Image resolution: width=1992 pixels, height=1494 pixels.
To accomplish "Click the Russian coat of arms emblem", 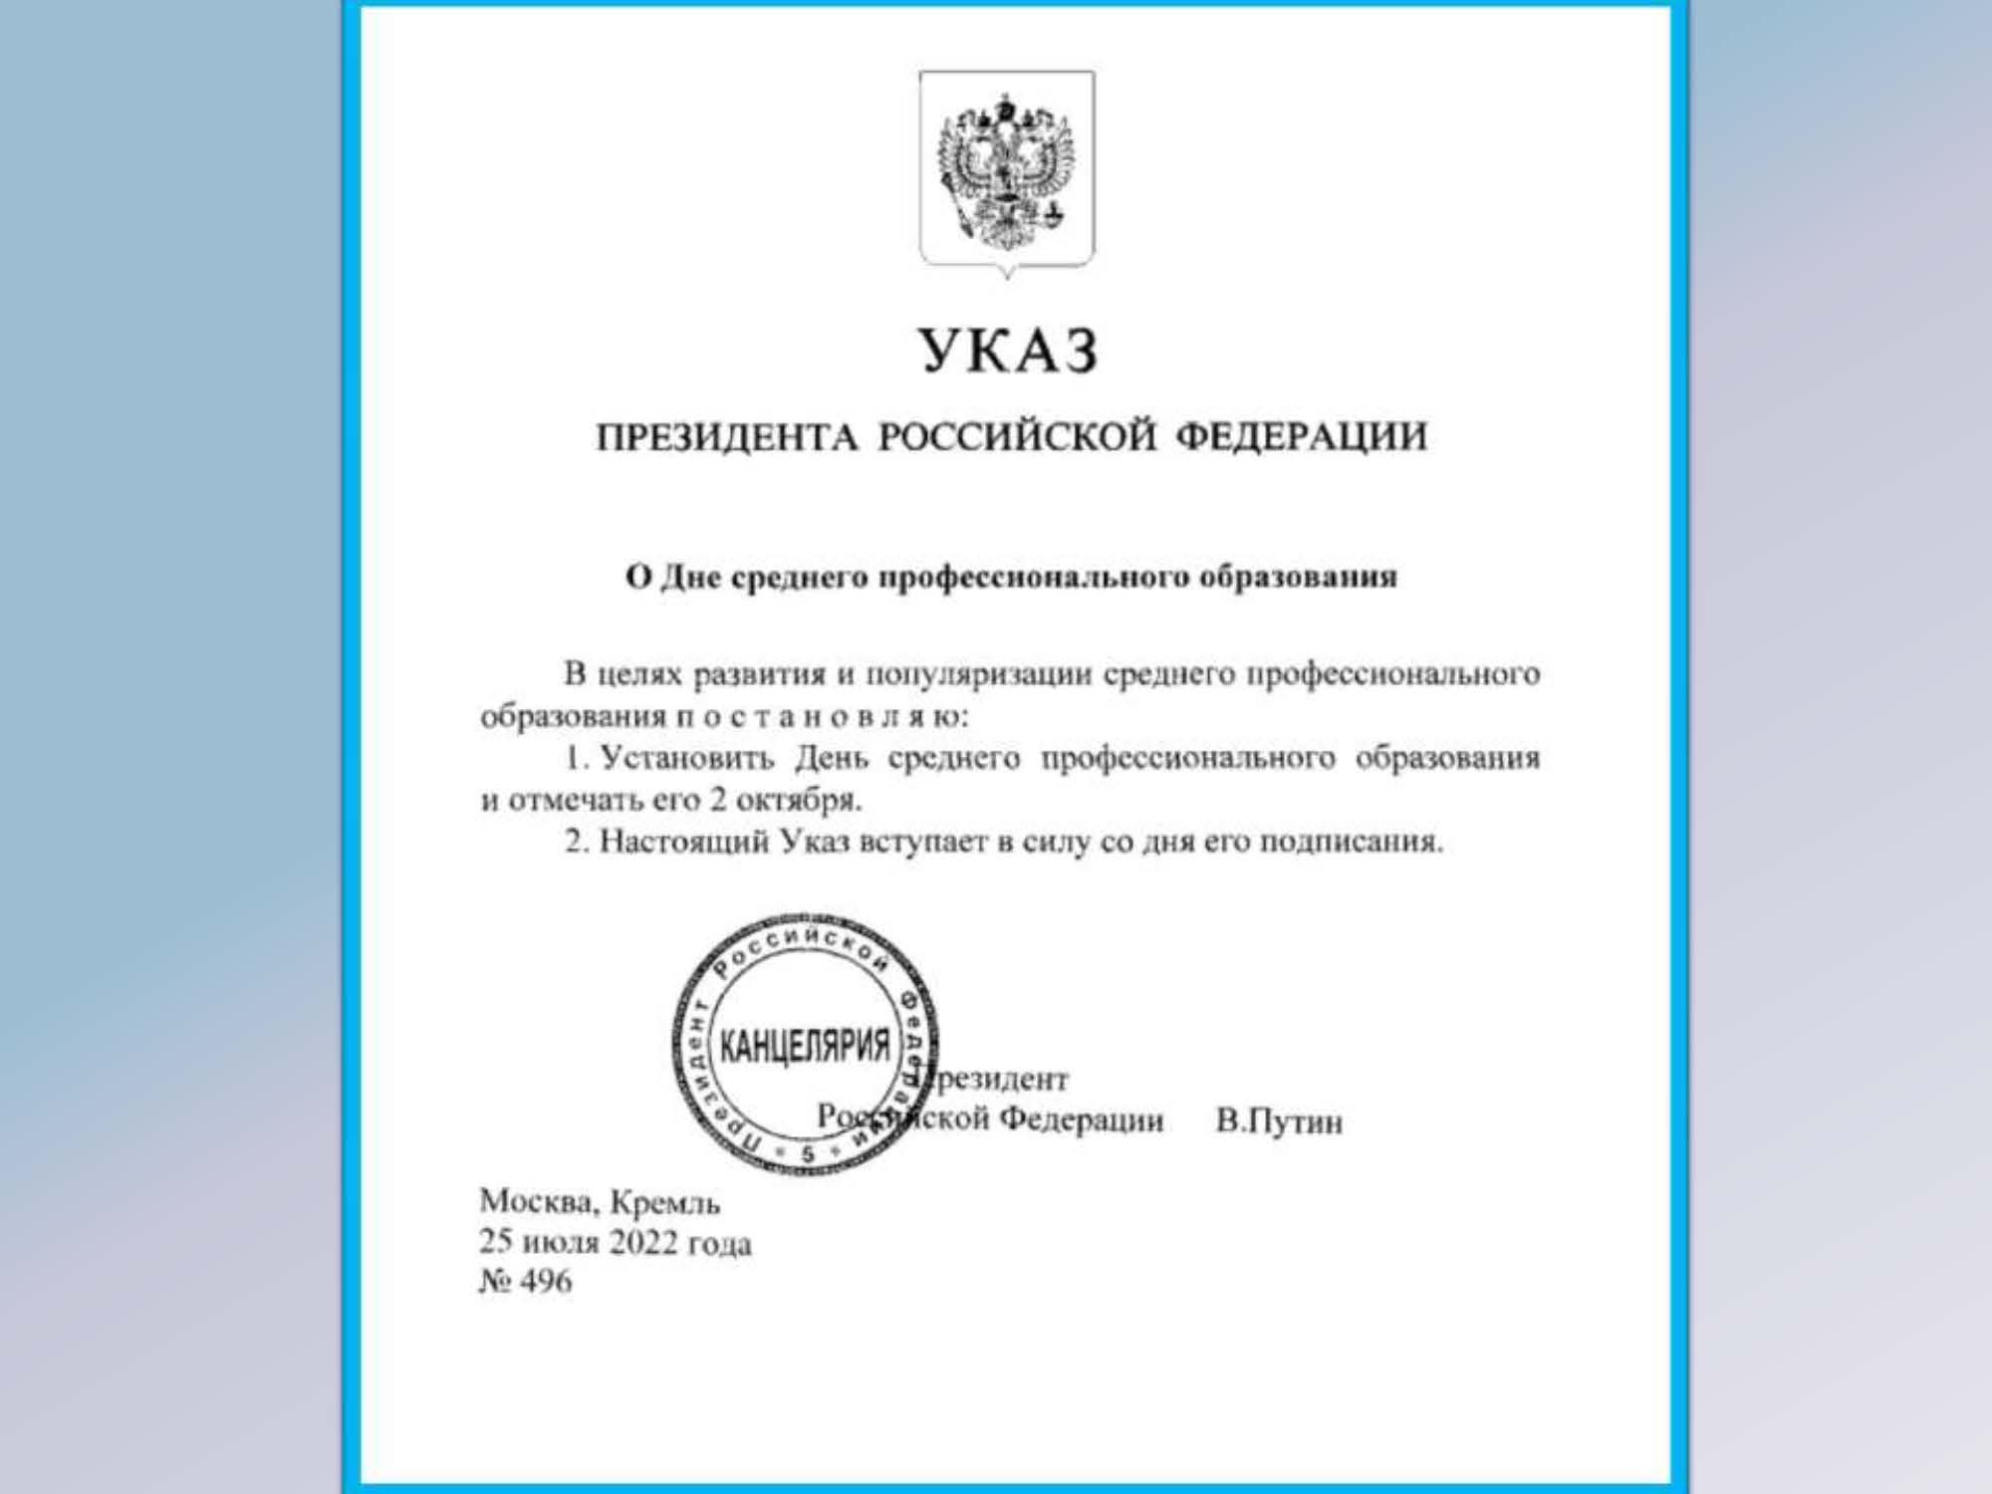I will [x=1007, y=171].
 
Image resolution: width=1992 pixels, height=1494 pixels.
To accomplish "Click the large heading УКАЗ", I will [x=1008, y=351].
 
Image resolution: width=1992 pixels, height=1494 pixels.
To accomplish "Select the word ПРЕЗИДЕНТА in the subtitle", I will [x=727, y=437].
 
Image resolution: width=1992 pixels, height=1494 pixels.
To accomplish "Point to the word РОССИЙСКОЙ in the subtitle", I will [x=1018, y=437].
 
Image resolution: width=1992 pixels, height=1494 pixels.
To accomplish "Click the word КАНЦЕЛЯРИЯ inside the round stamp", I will [x=805, y=1046].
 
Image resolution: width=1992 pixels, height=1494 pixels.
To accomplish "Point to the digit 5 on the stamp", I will [x=807, y=1153].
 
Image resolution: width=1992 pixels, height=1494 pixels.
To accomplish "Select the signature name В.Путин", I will [x=1279, y=1122].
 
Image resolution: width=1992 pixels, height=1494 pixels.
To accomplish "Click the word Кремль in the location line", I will [x=664, y=1203].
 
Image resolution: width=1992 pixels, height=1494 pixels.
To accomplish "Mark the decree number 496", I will [x=546, y=1282].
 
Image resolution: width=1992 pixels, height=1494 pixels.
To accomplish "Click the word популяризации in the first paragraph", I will [x=974, y=675].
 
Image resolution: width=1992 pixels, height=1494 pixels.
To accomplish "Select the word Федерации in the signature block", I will [x=1081, y=1120].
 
